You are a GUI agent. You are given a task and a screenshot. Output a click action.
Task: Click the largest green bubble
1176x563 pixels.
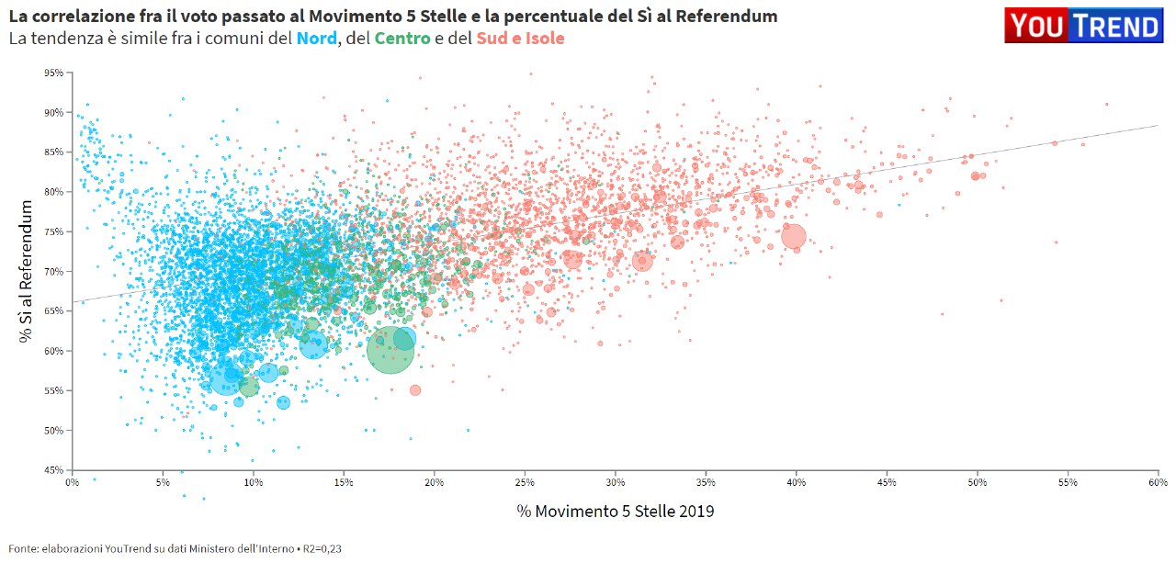click(390, 350)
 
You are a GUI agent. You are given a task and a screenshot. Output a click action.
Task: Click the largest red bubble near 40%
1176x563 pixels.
click(794, 237)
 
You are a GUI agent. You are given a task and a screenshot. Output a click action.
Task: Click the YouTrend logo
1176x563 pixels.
click(1084, 26)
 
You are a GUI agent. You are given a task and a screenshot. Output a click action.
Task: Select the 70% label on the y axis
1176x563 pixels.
click(54, 272)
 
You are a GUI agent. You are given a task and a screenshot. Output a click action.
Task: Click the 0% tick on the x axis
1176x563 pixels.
click(73, 481)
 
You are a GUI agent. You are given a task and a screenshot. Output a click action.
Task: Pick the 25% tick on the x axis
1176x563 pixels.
click(525, 481)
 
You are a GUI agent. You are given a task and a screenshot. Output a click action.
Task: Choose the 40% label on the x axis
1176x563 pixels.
click(797, 481)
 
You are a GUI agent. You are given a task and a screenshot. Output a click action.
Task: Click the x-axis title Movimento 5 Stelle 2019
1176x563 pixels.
click(615, 512)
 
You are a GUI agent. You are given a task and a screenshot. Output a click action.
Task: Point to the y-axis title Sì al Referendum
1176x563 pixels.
click(27, 272)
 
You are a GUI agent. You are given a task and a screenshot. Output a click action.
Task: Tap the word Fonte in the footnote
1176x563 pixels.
click(23, 548)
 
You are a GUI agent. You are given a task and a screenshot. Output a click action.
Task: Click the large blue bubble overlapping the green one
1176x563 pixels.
click(404, 339)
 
